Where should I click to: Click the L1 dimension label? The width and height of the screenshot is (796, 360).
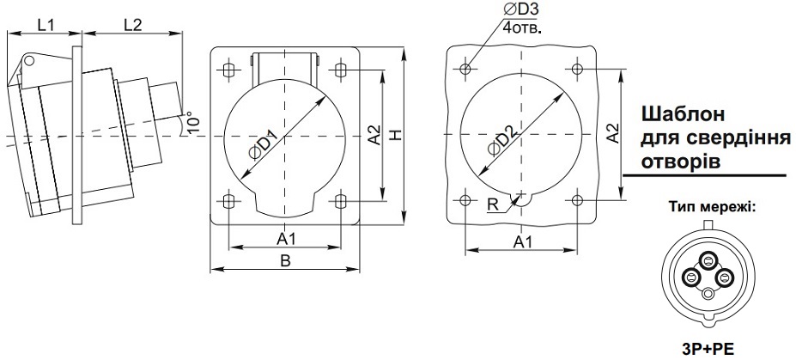click(46, 25)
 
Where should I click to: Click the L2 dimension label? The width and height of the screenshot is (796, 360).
click(132, 25)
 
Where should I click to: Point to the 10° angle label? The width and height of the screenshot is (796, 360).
click(194, 122)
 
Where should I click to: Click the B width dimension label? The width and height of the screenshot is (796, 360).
click(285, 261)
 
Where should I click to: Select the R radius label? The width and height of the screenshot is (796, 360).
click(492, 204)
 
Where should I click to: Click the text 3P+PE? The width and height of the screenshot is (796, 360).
click(708, 349)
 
